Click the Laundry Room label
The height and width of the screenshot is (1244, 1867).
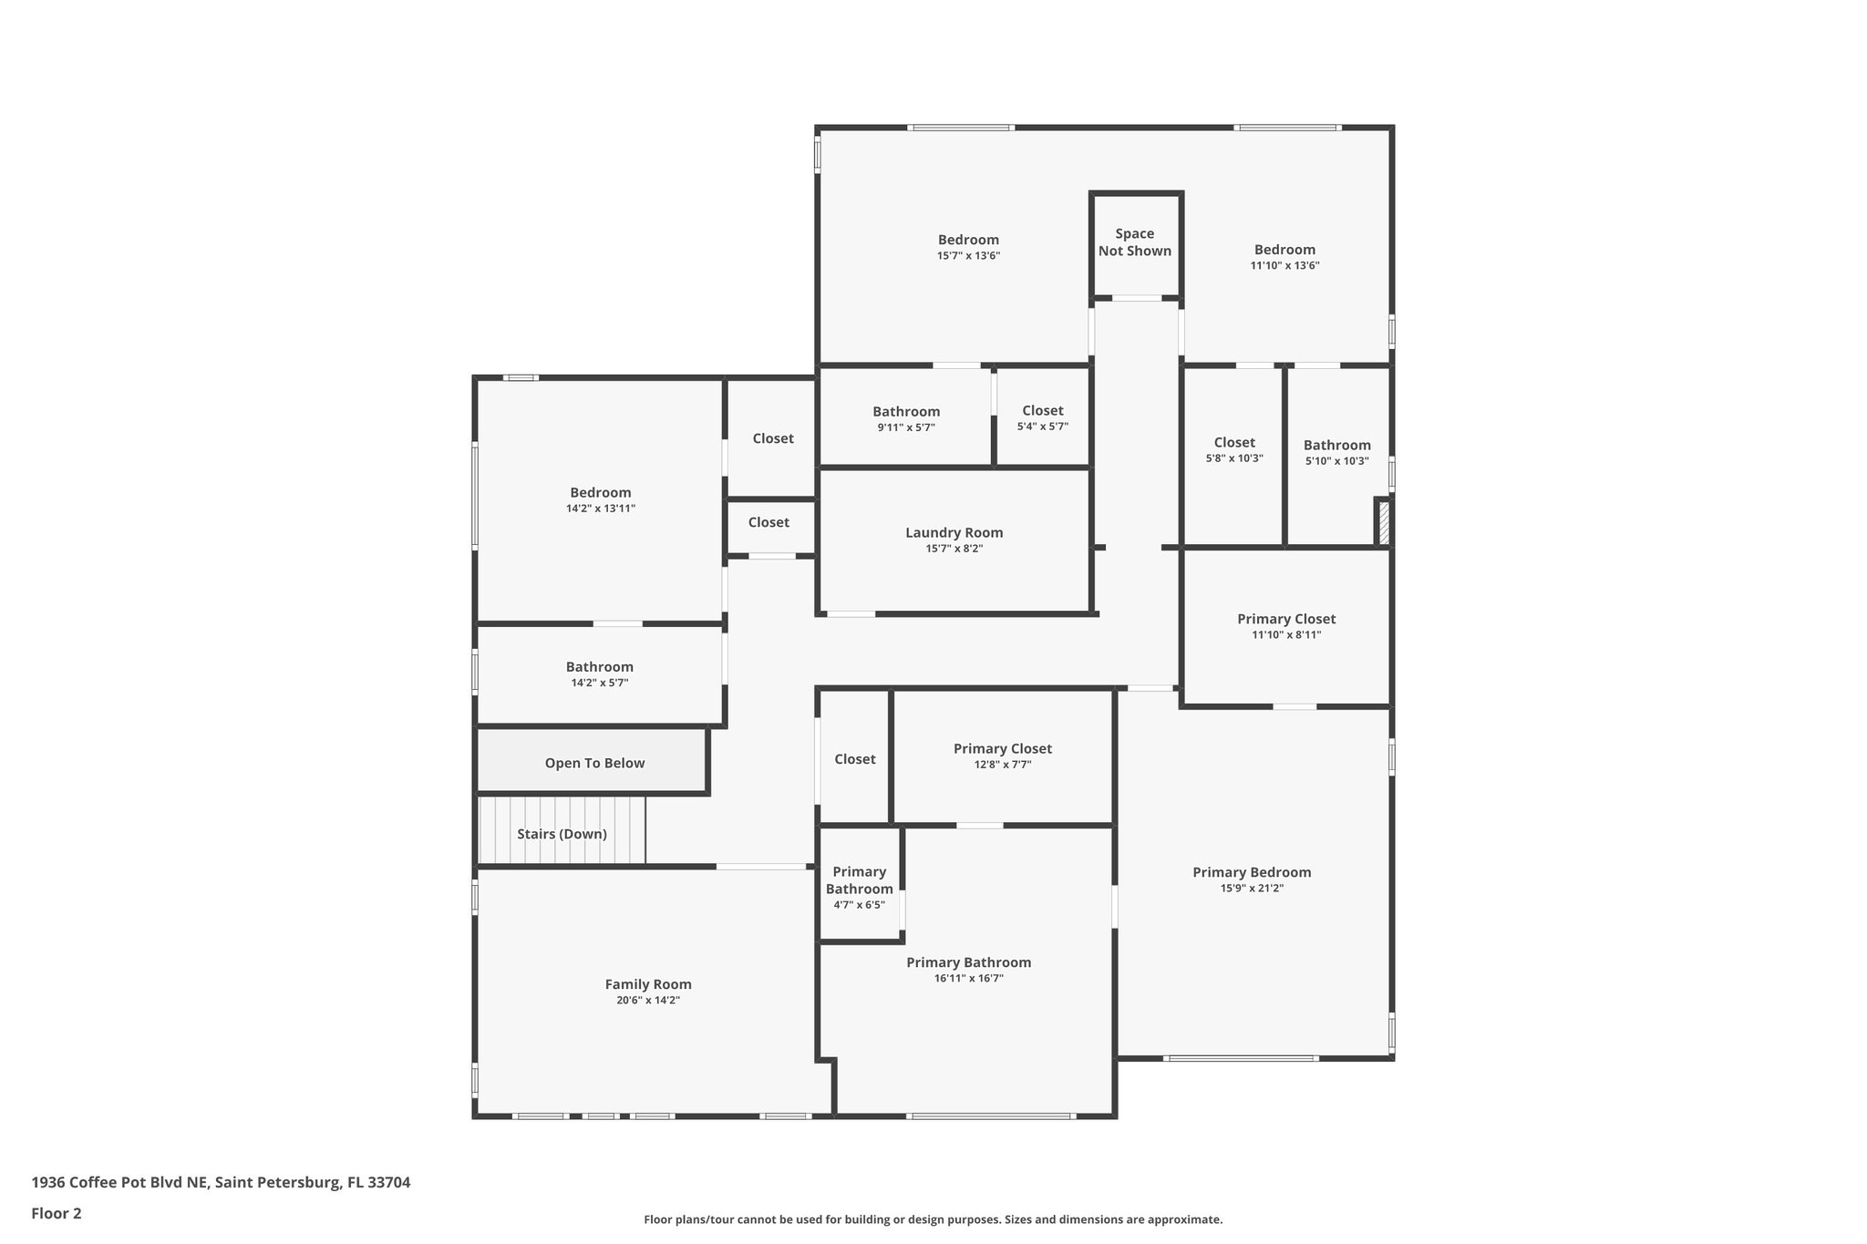[954, 533]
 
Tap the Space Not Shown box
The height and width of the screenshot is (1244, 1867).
[1135, 242]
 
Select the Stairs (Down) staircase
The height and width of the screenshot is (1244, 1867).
[562, 832]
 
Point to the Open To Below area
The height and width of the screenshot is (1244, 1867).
[593, 763]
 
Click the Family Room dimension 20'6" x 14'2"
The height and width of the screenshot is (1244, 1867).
[648, 1000]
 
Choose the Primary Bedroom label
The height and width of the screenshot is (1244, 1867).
[1252, 872]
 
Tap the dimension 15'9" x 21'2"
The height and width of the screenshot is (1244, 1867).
[1252, 889]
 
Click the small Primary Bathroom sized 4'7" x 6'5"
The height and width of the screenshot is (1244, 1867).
[859, 887]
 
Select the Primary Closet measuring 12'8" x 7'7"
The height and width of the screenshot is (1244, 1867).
[1002, 756]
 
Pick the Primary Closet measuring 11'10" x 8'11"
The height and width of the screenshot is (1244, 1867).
[1285, 626]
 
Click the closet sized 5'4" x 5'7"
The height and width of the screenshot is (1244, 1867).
[1042, 417]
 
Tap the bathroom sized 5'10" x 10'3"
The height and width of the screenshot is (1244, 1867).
[1336, 452]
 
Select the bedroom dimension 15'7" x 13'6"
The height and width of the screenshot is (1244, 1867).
[968, 256]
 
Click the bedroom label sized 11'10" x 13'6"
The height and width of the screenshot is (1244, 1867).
[1284, 250]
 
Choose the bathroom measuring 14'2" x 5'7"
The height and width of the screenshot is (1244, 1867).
[599, 674]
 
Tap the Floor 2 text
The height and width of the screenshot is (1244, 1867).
[57, 1213]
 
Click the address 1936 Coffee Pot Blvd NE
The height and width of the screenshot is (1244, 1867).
[221, 1182]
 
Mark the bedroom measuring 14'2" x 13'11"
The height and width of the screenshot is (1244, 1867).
[600, 499]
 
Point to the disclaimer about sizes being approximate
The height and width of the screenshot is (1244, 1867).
[933, 1219]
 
